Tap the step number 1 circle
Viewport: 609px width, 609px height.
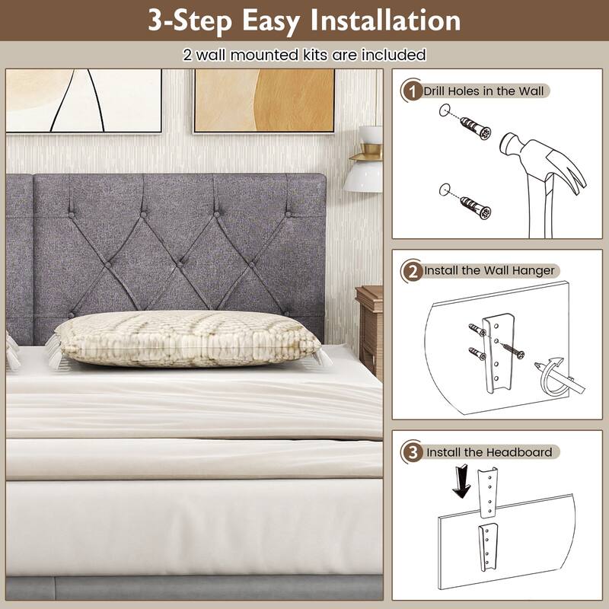click(x=411, y=91)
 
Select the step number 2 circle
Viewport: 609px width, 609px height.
click(x=411, y=270)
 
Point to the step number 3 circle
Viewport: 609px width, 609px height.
click(x=412, y=451)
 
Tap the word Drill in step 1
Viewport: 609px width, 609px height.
click(x=438, y=91)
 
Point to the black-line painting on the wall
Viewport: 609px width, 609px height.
click(x=85, y=100)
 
